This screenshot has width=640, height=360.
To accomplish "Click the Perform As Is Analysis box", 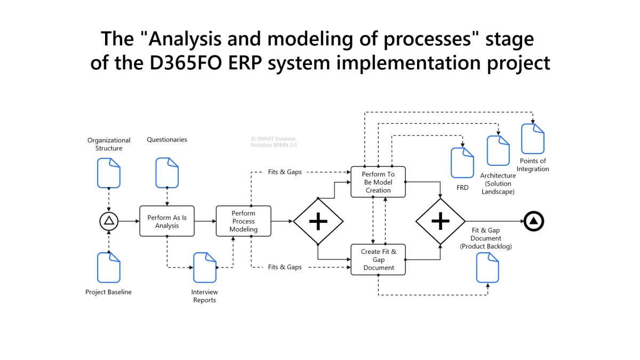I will (x=167, y=221).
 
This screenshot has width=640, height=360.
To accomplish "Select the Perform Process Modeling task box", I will (x=243, y=221).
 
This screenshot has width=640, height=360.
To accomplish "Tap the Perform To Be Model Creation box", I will (x=378, y=182).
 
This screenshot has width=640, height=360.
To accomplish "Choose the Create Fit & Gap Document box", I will (x=378, y=259).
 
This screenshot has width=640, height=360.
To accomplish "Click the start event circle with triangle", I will (x=109, y=221).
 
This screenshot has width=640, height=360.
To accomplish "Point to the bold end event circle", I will (x=533, y=221).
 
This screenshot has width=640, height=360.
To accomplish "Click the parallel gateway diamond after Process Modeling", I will (x=318, y=221).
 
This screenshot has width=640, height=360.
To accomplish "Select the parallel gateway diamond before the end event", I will (x=440, y=221).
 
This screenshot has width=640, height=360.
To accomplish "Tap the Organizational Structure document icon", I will (x=109, y=173).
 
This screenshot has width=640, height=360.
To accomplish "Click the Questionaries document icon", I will (x=167, y=173).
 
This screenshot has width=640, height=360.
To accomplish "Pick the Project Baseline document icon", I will (x=109, y=267).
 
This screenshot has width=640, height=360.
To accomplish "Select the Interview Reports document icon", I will (x=205, y=267).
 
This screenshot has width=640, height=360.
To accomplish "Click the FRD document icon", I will (x=462, y=163).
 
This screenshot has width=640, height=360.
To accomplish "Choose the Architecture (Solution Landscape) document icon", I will (x=498, y=150).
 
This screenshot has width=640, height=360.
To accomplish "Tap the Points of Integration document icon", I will (x=532, y=139).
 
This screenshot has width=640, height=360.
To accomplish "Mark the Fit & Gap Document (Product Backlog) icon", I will (x=487, y=267).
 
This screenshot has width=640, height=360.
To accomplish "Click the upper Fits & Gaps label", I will (x=285, y=172).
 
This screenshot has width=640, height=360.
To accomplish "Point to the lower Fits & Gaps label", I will (x=285, y=267).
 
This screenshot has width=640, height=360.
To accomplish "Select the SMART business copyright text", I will (x=273, y=139).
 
